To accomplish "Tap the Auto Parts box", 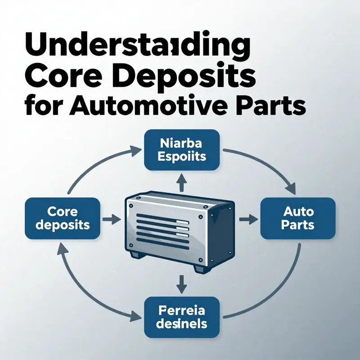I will click(298, 218).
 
